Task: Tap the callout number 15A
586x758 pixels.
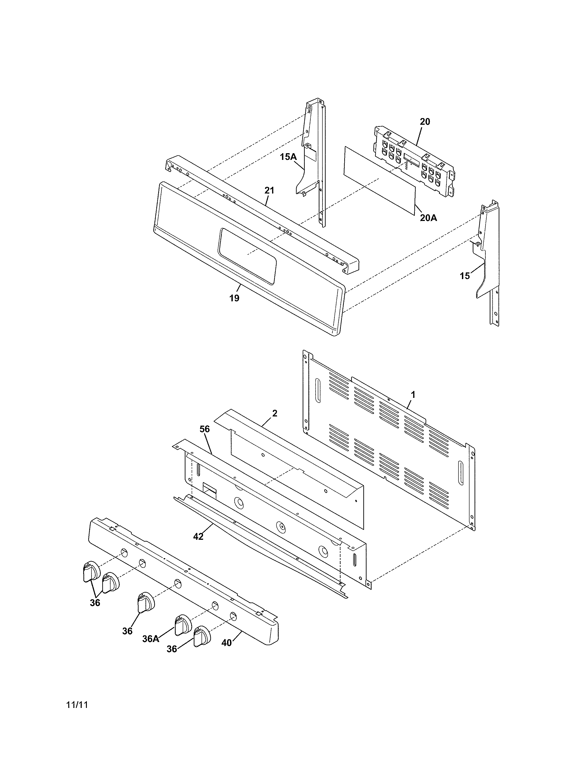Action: click(x=288, y=157)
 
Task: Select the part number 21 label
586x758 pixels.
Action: click(x=269, y=191)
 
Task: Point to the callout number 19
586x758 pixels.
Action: click(x=234, y=298)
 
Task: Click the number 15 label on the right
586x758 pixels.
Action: click(x=464, y=276)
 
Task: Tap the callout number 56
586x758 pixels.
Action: click(x=205, y=429)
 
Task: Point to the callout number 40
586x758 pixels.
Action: click(x=226, y=643)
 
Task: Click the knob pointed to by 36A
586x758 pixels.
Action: click(x=182, y=625)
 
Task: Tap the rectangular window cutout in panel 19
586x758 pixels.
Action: click(x=247, y=255)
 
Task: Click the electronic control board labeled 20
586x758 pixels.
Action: click(x=413, y=161)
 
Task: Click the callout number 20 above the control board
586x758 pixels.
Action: click(x=425, y=122)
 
